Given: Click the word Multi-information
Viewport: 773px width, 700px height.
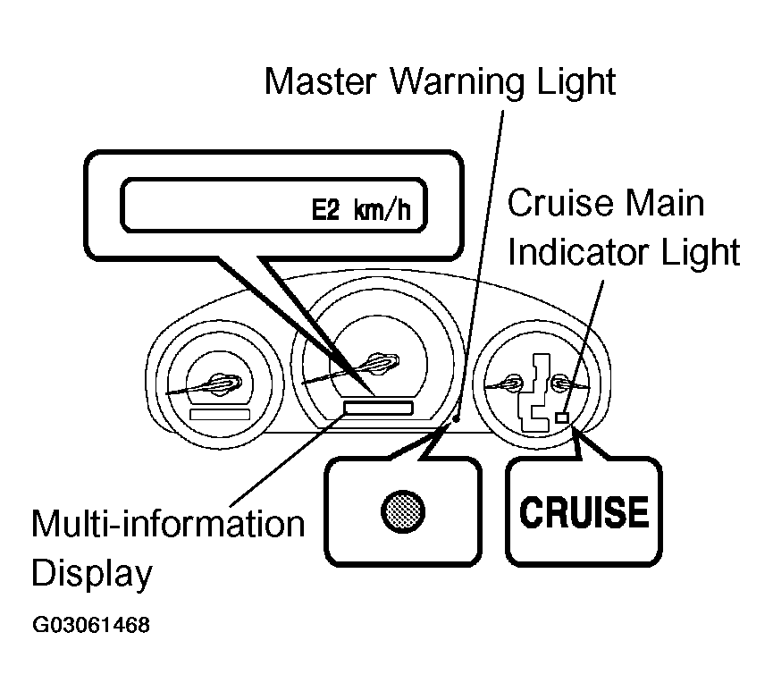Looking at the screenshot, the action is point(168,523).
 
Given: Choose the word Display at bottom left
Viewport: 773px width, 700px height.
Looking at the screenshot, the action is point(92,573).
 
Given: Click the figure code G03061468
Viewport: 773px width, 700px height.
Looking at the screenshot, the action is point(91,625).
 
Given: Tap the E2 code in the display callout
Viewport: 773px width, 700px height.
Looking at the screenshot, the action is point(325,210).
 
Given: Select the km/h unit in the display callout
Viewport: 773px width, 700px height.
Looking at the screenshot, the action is point(382,210).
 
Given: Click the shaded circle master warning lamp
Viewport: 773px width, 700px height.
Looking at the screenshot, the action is point(403,511).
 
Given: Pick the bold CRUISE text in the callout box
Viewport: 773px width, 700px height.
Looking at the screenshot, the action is point(584,511).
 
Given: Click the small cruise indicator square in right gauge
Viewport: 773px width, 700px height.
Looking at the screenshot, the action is point(562,417).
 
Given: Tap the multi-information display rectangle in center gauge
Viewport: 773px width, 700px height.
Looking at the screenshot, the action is point(378,408).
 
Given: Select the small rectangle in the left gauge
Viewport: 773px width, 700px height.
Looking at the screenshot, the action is point(220,414).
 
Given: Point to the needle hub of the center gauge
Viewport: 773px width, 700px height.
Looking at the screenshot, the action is point(382,363).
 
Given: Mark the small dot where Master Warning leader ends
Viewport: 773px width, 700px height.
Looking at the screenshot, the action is point(457,418).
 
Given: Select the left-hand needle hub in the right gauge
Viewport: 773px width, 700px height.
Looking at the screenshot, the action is point(513,382).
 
